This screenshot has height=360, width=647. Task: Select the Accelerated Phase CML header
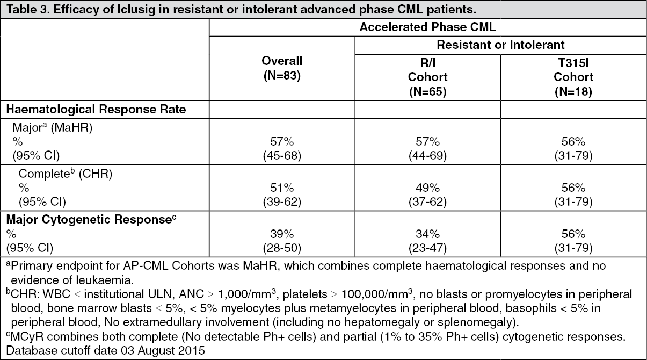point(427,27)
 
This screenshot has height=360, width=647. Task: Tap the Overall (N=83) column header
point(282,68)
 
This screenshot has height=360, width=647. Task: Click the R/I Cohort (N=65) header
point(427,77)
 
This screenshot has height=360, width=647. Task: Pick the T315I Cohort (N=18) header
point(573,77)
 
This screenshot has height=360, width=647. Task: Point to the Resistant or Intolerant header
point(500,45)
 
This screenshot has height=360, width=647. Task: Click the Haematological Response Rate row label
point(96,109)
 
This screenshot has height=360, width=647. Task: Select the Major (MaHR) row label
point(52,127)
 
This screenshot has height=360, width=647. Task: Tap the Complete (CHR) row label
point(66,174)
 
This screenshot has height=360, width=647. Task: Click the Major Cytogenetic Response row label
point(91,219)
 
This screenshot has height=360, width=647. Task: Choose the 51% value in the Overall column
point(282,188)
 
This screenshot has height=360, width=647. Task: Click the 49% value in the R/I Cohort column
point(427,188)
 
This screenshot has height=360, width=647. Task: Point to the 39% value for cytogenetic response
point(282,234)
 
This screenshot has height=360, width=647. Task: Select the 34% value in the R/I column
point(427,234)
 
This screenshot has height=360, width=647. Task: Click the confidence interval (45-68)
point(282,156)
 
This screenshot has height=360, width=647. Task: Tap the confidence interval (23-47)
point(427,248)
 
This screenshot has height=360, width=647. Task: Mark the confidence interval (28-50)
point(282,248)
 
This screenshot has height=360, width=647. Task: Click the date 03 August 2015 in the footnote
point(163,351)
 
